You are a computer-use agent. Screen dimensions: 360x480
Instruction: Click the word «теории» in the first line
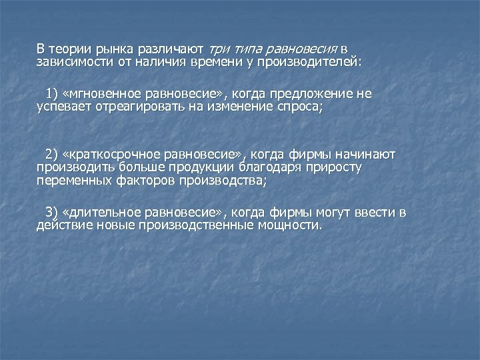[x=70, y=49]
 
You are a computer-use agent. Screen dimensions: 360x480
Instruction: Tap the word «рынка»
[x=114, y=49]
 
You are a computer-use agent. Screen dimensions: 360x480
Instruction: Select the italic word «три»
[x=219, y=49]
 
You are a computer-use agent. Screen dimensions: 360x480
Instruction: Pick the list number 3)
[x=52, y=213]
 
